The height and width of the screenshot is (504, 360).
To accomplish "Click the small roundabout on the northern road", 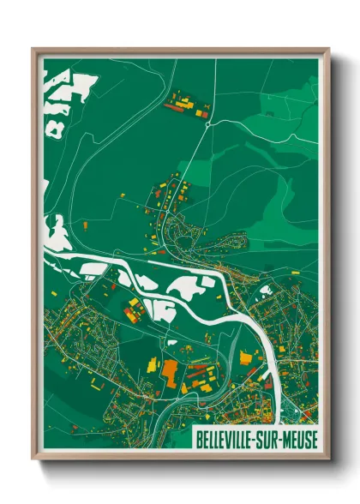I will (x=208, y=123).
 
